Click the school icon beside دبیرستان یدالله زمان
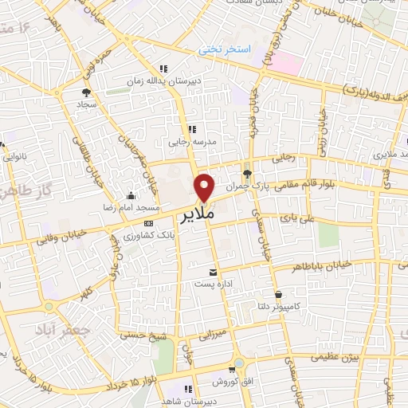(164, 68)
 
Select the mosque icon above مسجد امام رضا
(130, 195)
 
